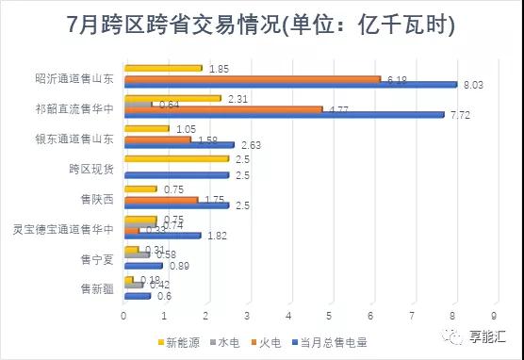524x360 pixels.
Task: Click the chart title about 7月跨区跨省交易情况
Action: [262, 25]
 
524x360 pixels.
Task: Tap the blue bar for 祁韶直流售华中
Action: [283, 115]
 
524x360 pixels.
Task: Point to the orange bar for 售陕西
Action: [160, 199]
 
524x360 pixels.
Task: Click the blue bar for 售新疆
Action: [137, 295]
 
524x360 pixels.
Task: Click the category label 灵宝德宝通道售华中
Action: [64, 228]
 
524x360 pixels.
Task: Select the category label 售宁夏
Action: [97, 257]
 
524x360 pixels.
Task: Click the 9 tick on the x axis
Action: [494, 316]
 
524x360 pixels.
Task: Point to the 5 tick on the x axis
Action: [329, 316]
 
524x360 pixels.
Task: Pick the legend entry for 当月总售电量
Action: [336, 341]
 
